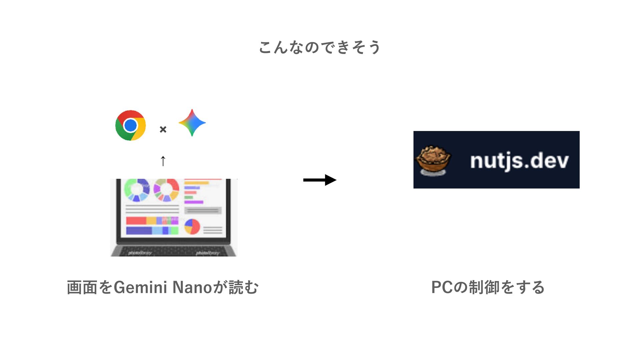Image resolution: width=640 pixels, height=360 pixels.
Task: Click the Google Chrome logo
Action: [130, 125]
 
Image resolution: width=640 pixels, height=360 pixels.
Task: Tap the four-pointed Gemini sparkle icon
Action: [192, 123]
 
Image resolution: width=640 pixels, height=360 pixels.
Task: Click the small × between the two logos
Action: [163, 129]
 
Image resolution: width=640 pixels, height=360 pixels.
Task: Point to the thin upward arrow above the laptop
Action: [163, 161]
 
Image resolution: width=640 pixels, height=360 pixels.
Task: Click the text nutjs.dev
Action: [519, 161]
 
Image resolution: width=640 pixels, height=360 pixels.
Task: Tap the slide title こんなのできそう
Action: [319, 47]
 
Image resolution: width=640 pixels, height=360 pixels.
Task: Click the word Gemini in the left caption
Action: [140, 287]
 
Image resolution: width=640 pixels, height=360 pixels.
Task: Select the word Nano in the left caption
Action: [192, 287]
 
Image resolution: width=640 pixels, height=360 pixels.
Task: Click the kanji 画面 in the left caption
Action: [82, 287]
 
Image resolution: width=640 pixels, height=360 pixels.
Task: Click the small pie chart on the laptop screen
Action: [192, 227]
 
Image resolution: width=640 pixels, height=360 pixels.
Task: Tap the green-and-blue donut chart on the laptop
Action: [136, 190]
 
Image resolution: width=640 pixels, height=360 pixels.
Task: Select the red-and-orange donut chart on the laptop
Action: [166, 190]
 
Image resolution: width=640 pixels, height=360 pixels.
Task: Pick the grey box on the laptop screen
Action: [203, 210]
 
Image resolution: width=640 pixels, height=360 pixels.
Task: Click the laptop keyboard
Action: [173, 251]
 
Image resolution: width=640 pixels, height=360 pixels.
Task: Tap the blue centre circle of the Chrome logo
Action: [130, 125]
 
